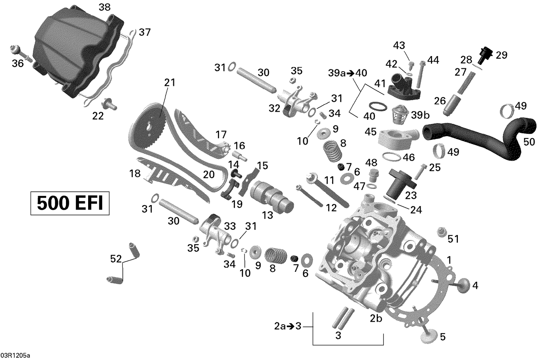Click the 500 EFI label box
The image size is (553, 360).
coord(70,202)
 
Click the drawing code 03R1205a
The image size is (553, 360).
coord(15,356)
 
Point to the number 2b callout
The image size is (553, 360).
coord(376,318)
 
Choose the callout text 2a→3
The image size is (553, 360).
coord(288,326)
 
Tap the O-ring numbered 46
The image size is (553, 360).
coord(391,157)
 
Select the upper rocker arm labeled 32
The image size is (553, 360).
coord(295,105)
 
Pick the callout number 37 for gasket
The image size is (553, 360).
coord(145,32)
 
